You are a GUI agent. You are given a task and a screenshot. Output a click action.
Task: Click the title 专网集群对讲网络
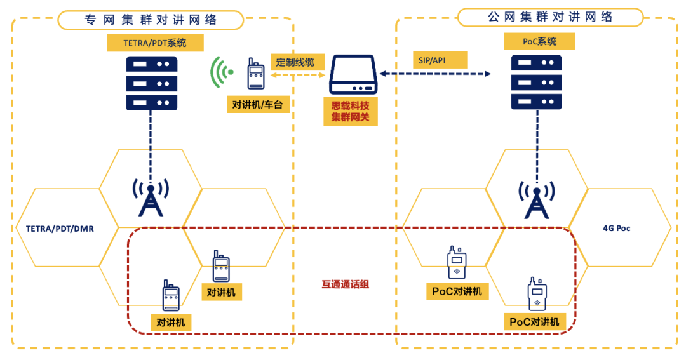pos(151,20)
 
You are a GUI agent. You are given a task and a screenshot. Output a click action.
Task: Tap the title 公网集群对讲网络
pos(550,17)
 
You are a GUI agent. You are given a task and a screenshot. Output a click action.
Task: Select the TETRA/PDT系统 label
pos(155,43)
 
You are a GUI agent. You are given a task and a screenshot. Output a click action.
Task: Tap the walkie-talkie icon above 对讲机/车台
pos(255,74)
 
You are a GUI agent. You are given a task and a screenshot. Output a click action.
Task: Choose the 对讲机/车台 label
pos(258,104)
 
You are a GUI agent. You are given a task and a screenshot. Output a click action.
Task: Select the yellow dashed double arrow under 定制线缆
pos(299,75)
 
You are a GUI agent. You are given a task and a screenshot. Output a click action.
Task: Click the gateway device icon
pos(353,75)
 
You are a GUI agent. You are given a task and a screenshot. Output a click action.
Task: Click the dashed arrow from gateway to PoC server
pos(435,74)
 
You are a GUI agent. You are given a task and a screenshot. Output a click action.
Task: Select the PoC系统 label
pos(539,41)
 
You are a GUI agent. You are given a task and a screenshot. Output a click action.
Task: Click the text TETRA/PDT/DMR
pos(60,228)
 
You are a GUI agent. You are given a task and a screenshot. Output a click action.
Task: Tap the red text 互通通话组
pos(345,284)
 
